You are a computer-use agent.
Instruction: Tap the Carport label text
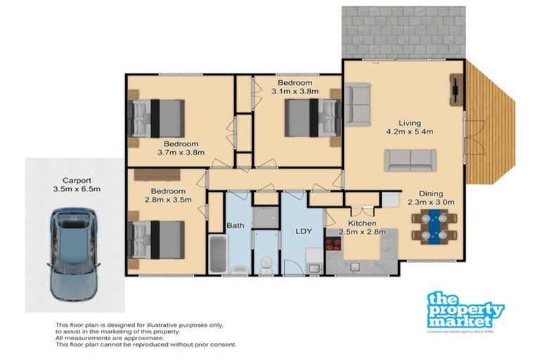coord(77,179)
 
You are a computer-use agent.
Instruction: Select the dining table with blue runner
coord(435,227)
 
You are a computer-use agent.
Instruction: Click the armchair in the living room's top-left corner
coord(357,103)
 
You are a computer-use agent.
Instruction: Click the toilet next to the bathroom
coord(266,264)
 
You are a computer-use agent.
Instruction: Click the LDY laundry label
coord(303,231)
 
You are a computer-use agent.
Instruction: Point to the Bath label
coord(235,226)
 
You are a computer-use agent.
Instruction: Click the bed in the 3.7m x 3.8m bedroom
coord(157,117)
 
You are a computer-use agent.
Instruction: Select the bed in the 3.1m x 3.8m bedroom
coord(312,117)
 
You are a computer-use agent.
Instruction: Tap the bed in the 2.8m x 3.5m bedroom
coord(157,240)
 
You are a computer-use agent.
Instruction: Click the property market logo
coord(465,310)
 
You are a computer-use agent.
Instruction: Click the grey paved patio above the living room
coord(404,32)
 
